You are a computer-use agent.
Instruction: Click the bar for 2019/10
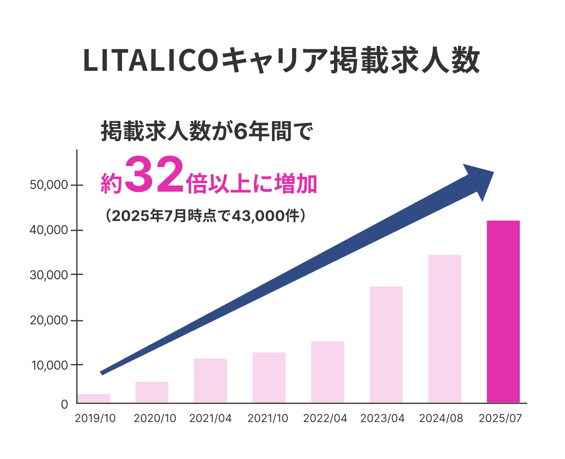94,398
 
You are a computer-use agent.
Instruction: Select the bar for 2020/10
152,392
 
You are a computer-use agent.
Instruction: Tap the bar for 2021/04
210,380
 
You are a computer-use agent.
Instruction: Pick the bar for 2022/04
327,372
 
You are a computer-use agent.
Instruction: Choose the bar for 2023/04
386,345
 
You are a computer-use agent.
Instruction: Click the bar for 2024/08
445,329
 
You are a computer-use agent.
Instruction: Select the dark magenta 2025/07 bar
503,312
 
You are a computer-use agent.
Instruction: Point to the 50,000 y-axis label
48,185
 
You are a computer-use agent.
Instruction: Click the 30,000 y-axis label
48,275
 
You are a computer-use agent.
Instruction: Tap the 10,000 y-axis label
48,365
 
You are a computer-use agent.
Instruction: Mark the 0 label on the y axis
64,404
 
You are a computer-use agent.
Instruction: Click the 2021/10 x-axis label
268,418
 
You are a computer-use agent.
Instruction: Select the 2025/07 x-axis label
500,418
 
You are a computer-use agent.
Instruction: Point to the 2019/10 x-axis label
95,418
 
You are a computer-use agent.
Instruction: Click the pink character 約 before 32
111,184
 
